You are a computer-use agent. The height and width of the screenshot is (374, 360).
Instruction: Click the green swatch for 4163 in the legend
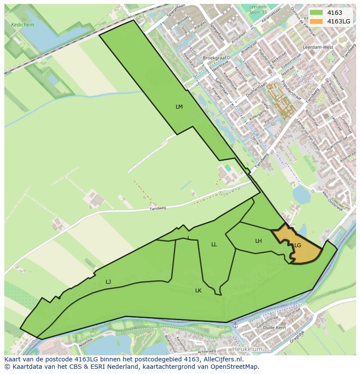coord(316,13)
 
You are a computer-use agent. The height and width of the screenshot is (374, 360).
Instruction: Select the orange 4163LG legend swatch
coord(316,21)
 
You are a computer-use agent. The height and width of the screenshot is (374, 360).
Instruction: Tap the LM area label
coord(179,106)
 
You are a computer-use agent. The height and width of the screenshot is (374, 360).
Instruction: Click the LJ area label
coord(108,282)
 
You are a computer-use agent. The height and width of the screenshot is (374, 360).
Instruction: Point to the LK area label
coord(198,290)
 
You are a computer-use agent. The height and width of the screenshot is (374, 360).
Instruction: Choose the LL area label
coord(214,245)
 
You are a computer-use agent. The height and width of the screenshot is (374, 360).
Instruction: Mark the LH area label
coord(258,241)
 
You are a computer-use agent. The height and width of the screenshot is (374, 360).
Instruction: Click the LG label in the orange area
coord(298,245)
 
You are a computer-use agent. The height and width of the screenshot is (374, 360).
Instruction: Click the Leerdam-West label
coord(322,47)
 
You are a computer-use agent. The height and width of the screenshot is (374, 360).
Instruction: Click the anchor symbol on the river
coord(235,325)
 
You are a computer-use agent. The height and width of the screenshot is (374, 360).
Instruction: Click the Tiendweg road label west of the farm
coord(158,209)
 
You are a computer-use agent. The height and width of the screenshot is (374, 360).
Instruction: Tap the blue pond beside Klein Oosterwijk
coord(302,194)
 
